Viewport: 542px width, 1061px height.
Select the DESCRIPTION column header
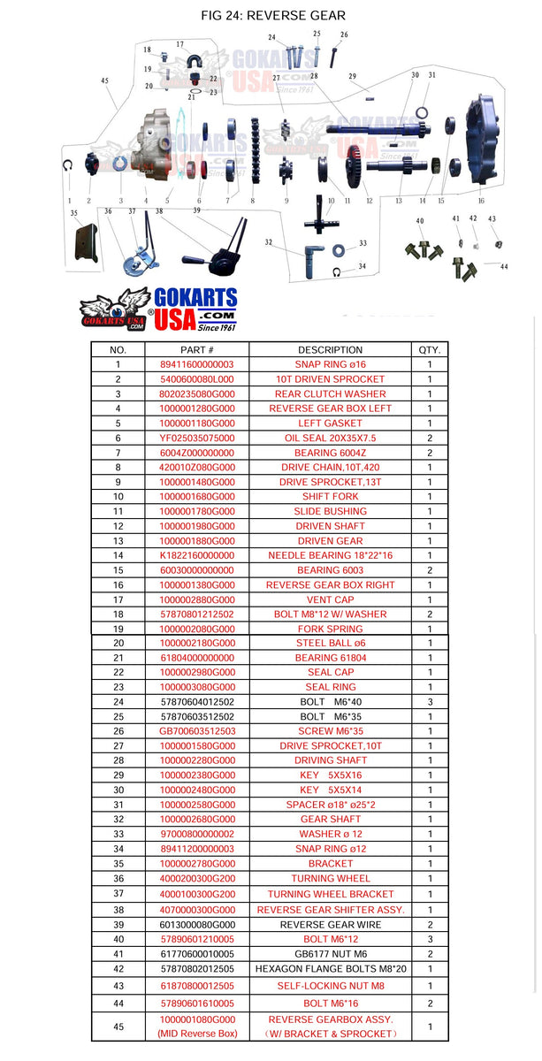pyautogui.click(x=330, y=349)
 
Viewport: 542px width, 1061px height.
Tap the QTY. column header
pyautogui.click(x=430, y=349)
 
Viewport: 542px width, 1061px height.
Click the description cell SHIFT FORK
pyautogui.click(x=330, y=497)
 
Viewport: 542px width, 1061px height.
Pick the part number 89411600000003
pyautogui.click(x=197, y=364)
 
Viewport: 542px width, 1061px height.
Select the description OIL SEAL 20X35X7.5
pyautogui.click(x=330, y=438)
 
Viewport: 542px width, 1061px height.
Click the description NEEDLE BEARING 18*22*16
pyautogui.click(x=330, y=555)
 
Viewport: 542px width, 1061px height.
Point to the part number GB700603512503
pyautogui.click(x=197, y=731)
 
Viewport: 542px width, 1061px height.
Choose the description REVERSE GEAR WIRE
pyautogui.click(x=330, y=925)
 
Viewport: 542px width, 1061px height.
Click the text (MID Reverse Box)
pyautogui.click(x=197, y=1034)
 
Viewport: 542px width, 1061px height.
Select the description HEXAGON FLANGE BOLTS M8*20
pyautogui.click(x=330, y=969)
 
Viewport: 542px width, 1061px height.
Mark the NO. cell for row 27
pyautogui.click(x=118, y=746)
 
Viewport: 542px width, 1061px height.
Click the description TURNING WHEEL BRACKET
pyautogui.click(x=330, y=894)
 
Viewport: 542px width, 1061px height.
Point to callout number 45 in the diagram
pyautogui.click(x=104, y=80)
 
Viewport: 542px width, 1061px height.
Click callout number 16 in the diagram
pyautogui.click(x=481, y=201)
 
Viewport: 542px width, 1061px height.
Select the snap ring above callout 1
pyautogui.click(x=68, y=165)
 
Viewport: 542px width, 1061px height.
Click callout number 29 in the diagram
pyautogui.click(x=352, y=77)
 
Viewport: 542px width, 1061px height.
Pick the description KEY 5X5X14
pyautogui.click(x=330, y=790)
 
